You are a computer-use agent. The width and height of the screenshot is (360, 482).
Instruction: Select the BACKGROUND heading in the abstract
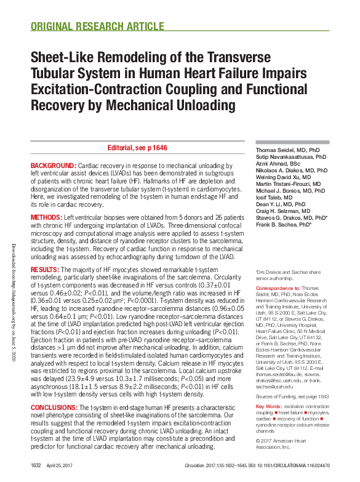point(53,167)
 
